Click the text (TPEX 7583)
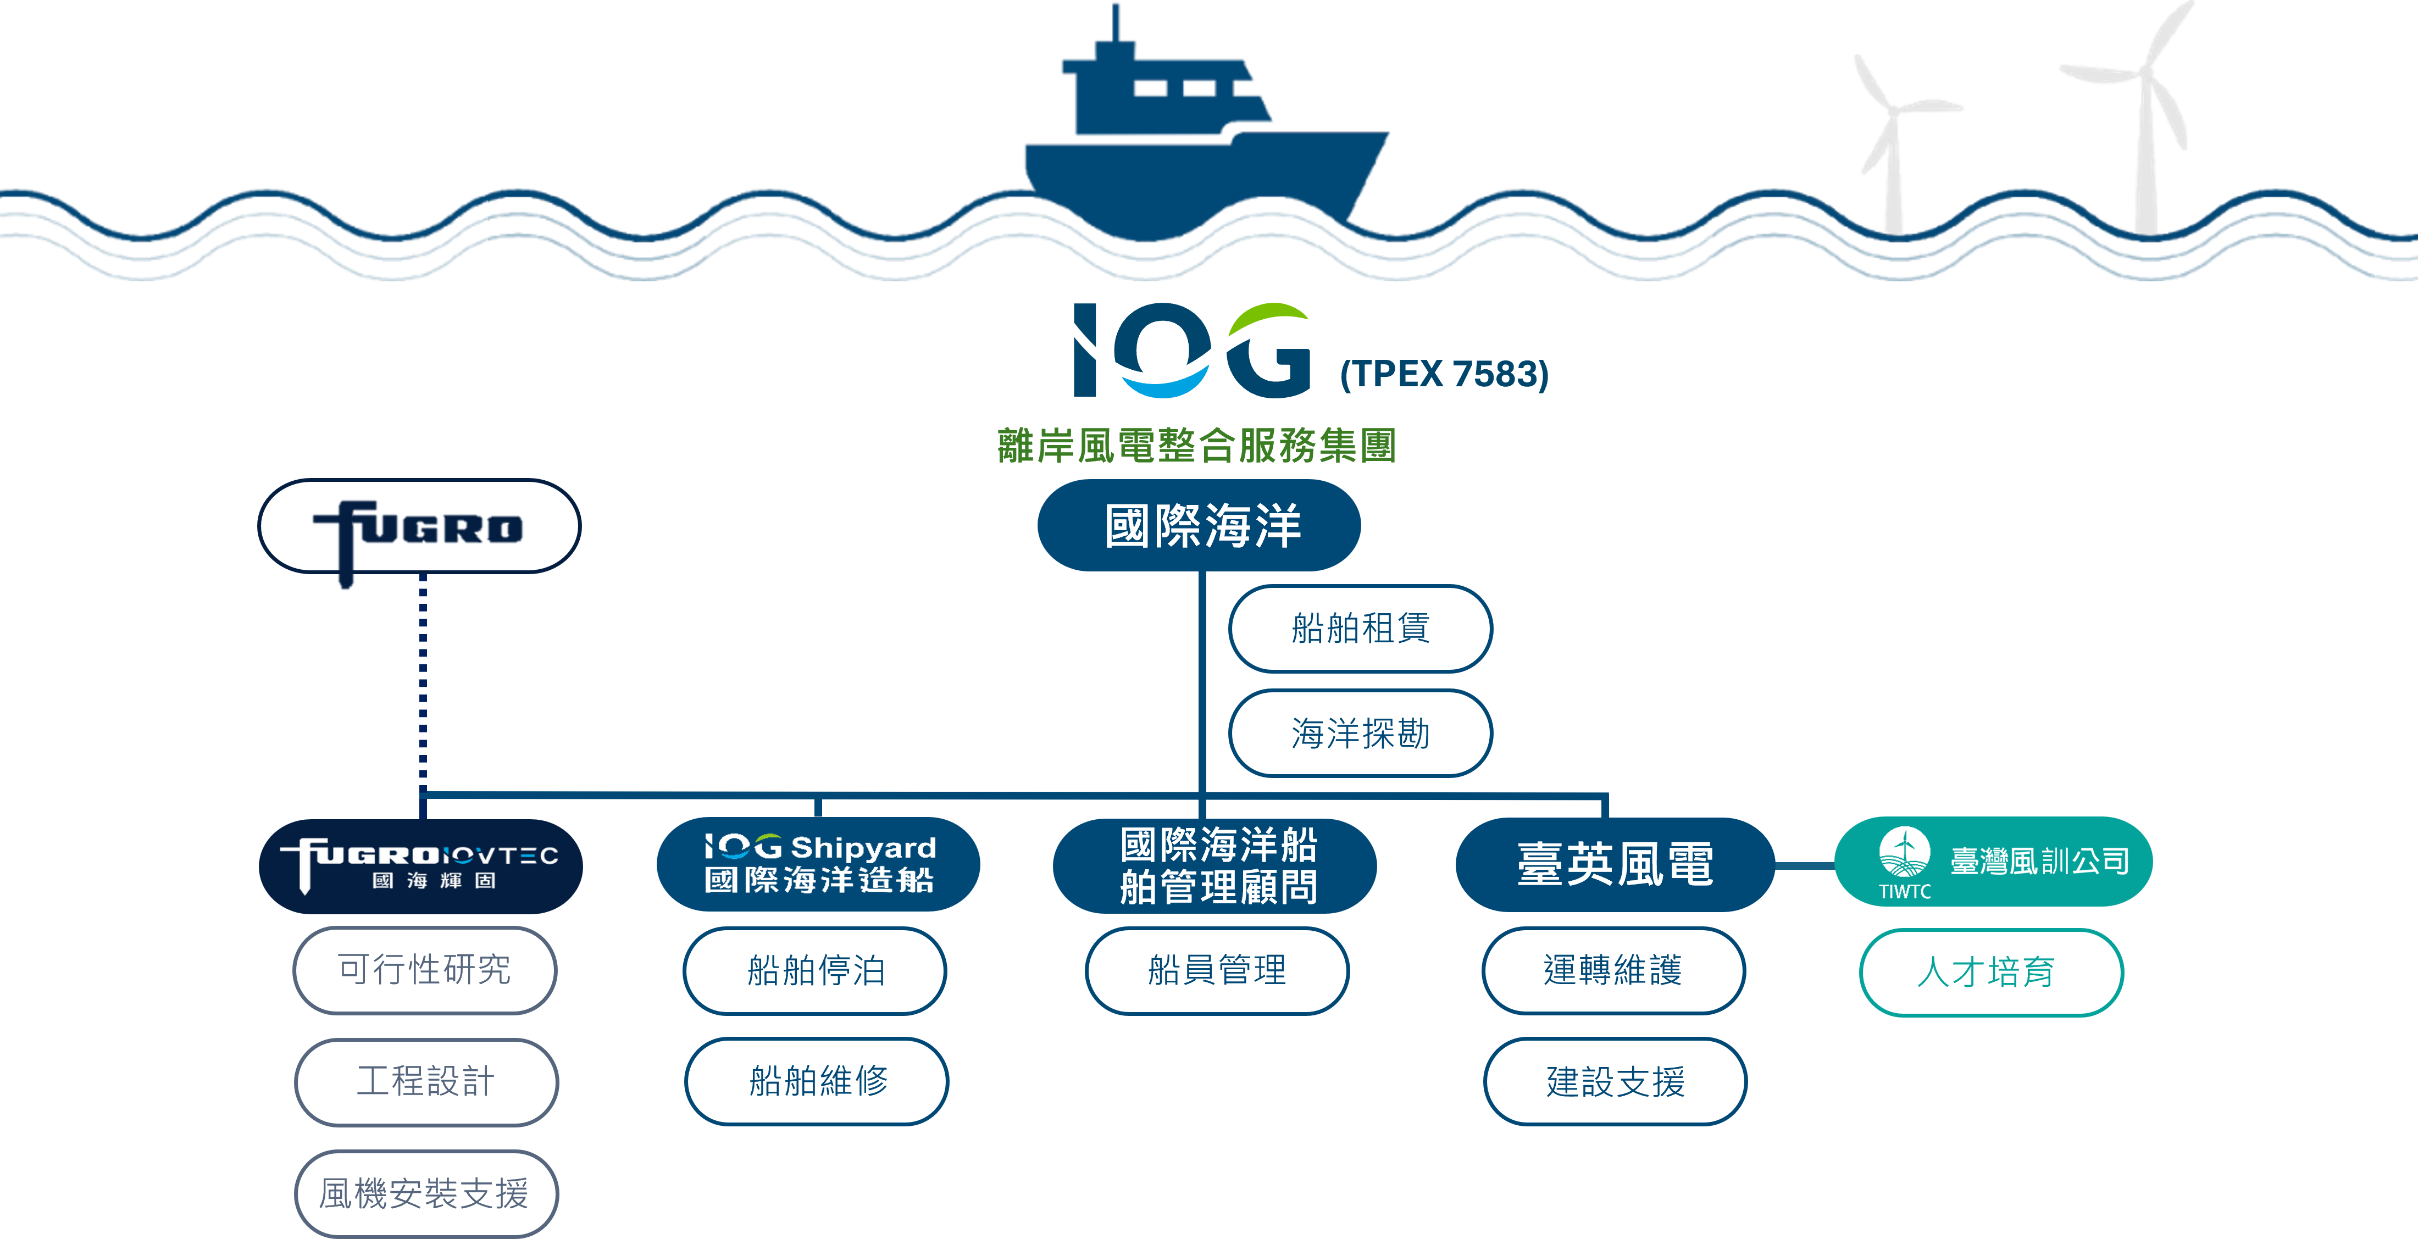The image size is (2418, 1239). click(1444, 374)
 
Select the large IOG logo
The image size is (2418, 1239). click(1192, 350)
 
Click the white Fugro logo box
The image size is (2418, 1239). click(420, 526)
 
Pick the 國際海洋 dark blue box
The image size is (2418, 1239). click(1199, 526)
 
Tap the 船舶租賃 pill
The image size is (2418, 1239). click(1360, 628)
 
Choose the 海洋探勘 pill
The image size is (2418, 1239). click(1360, 733)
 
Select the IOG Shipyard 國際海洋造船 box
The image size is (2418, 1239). click(818, 864)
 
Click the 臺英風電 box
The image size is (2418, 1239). click(1615, 864)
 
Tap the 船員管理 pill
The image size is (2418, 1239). click(1217, 970)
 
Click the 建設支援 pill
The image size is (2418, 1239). click(1615, 1081)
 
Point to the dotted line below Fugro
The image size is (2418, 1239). click(423, 685)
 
